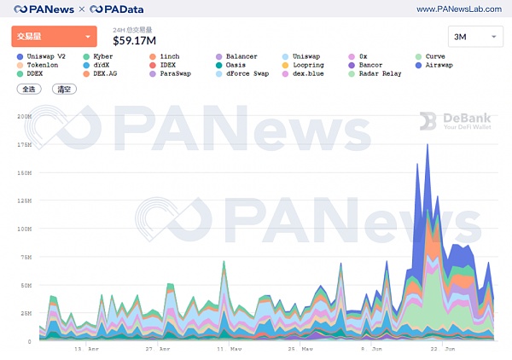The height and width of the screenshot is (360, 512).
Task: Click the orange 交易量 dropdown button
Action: pyautogui.click(x=53, y=37)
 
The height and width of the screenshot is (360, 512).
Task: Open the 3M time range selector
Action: pyautogui.click(x=474, y=38)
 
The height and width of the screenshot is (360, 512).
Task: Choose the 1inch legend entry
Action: pyautogui.click(x=166, y=56)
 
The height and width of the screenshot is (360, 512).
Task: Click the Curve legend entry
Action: pyautogui.click(x=436, y=56)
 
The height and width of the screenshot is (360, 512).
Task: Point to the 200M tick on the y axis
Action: pyautogui.click(x=24, y=116)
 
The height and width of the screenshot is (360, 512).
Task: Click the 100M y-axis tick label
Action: pyautogui.click(x=24, y=229)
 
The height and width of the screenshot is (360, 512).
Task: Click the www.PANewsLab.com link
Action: pyautogui.click(x=458, y=9)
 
